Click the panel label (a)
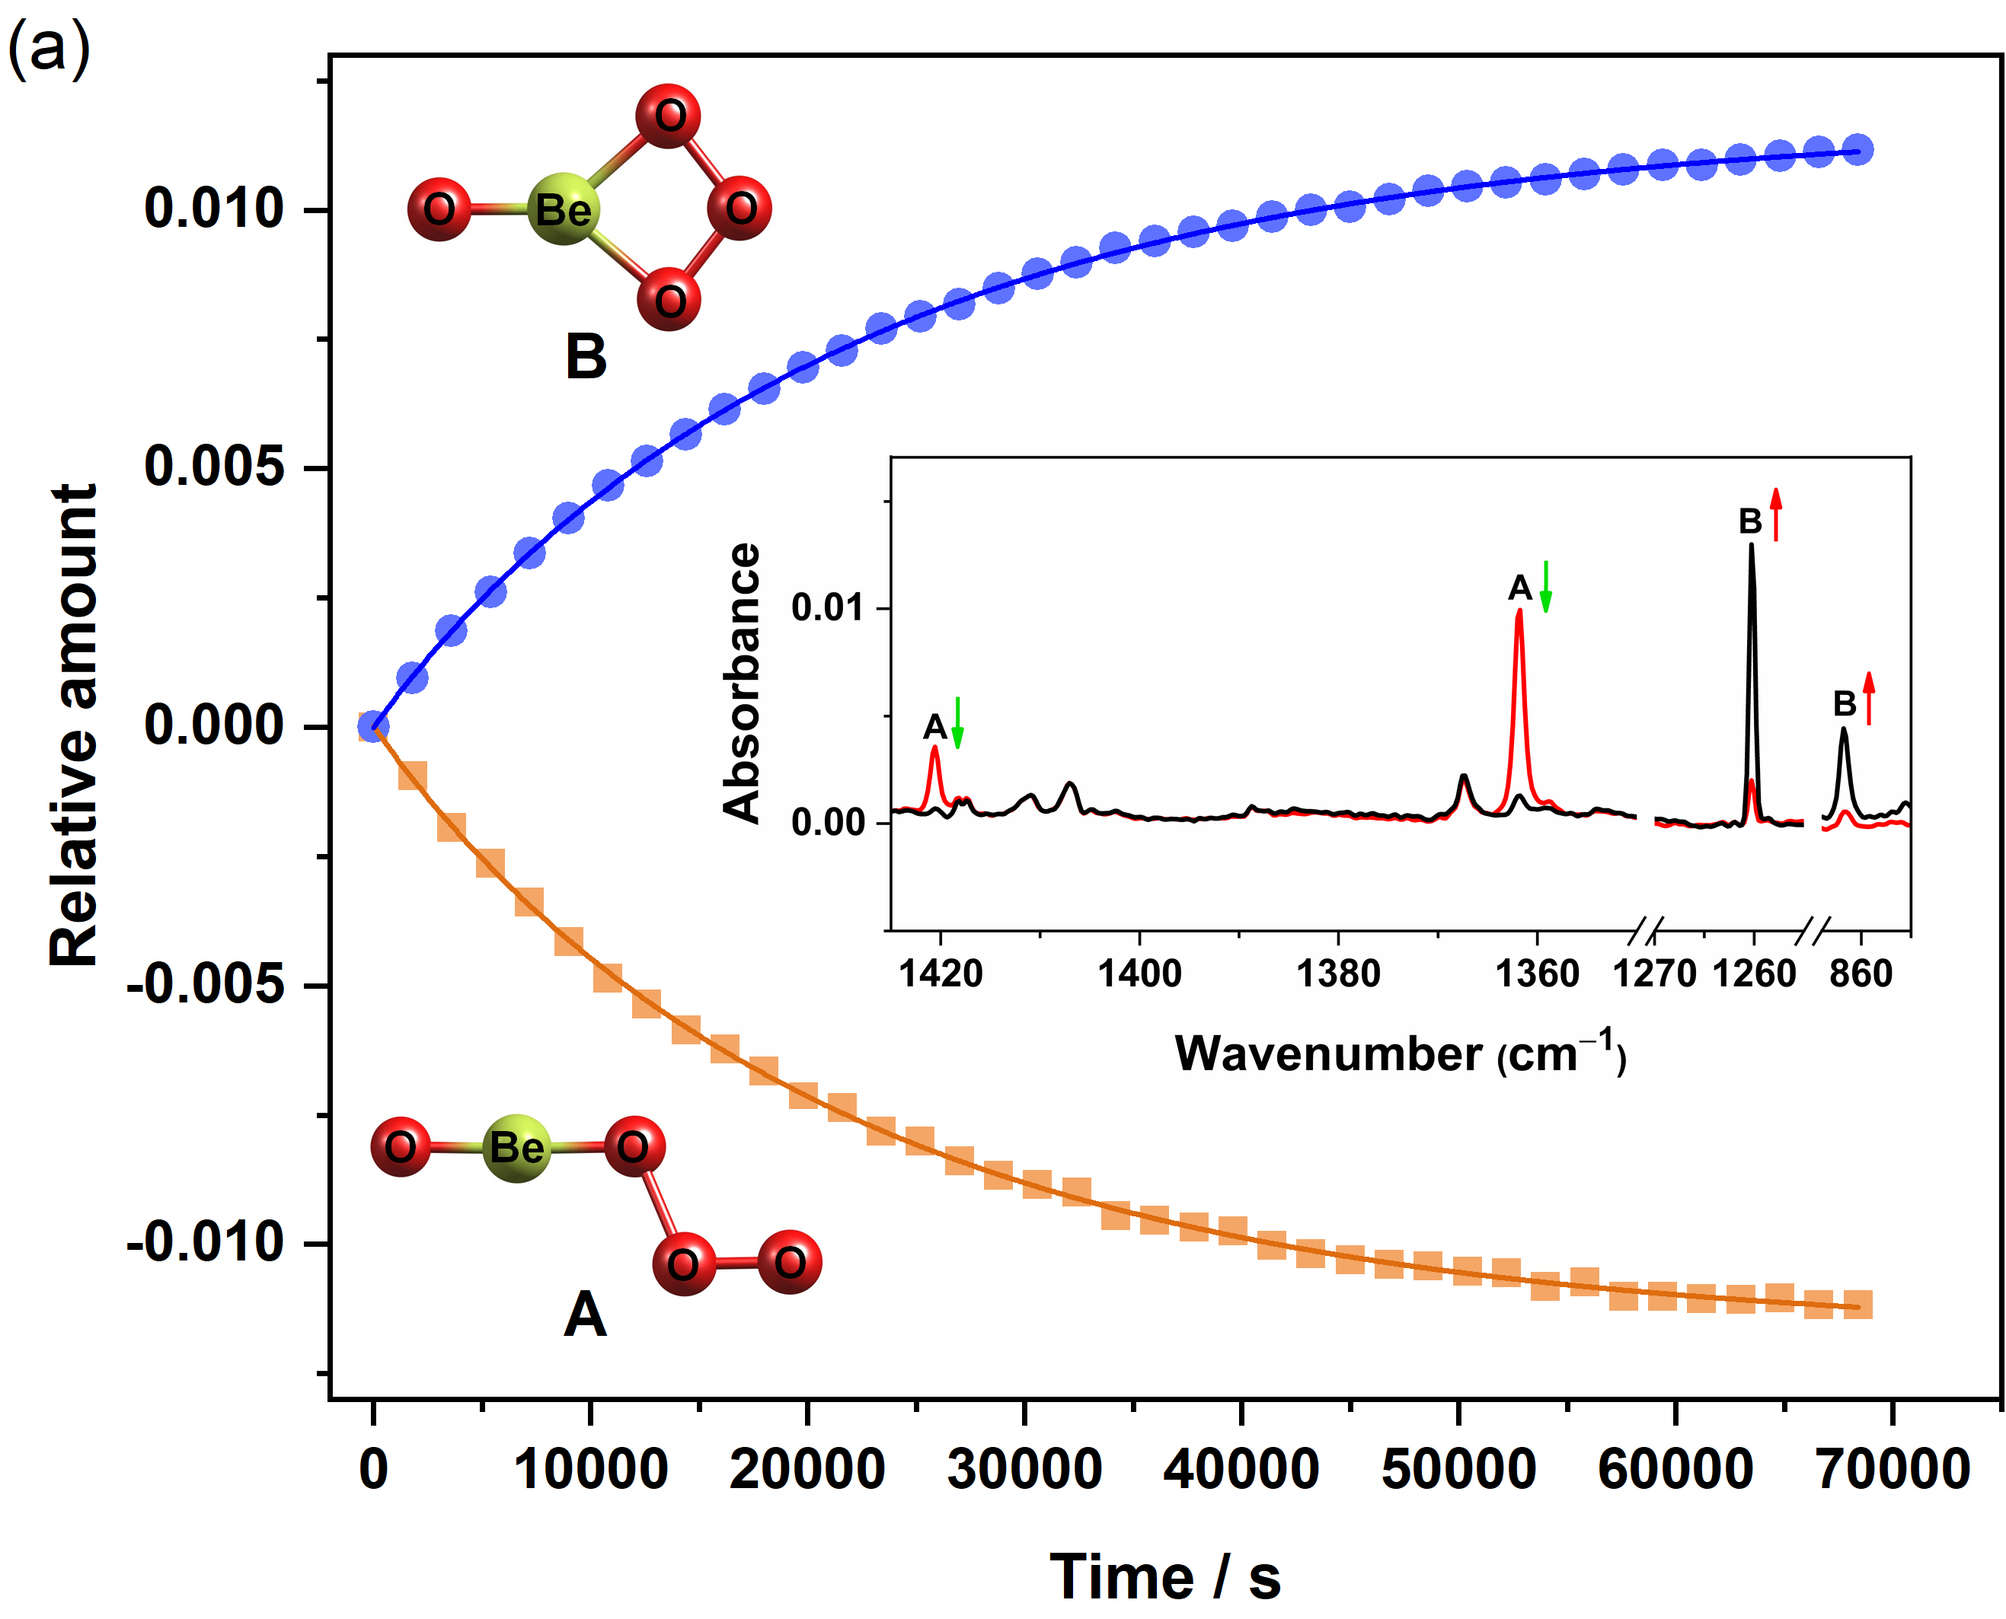coord(49,49)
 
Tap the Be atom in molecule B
coord(563,209)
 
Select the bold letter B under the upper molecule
coord(586,357)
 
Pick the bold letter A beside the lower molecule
coord(585,1315)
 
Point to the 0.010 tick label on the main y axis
coord(214,208)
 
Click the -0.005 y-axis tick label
coord(206,985)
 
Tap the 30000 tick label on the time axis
coord(1024,1470)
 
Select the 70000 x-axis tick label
coord(1893,1470)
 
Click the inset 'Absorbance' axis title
coord(742,683)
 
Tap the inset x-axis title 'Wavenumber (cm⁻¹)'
coord(1400,1054)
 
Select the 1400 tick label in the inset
coord(1139,974)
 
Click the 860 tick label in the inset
coord(1861,974)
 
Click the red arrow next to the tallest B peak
coord(1775,514)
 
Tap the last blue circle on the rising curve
coord(1857,149)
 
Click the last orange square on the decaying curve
coord(1857,1305)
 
